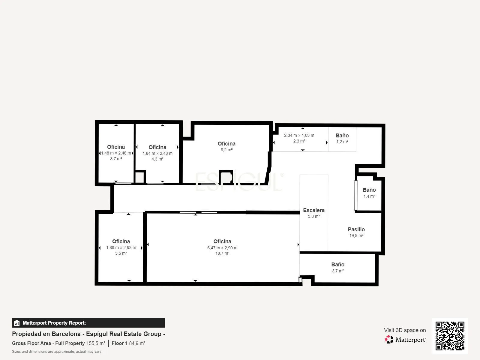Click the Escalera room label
point(313,210)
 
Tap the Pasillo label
point(356,229)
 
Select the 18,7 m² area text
point(222,253)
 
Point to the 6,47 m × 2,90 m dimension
point(222,248)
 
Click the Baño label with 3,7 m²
point(337,265)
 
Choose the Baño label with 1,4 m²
point(369,190)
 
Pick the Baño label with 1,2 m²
point(342,136)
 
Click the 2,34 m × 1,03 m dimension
point(299,136)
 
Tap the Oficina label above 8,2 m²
point(226,144)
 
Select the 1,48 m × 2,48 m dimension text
point(116,153)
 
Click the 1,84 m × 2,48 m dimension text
point(157,153)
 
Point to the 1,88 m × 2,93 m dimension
point(121,248)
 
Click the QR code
point(450,336)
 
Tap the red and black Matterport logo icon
point(389,340)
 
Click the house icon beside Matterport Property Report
point(17,323)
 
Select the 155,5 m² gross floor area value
point(96,343)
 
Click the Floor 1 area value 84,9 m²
point(137,343)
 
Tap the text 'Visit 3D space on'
point(405,330)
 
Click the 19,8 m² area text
point(356,235)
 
